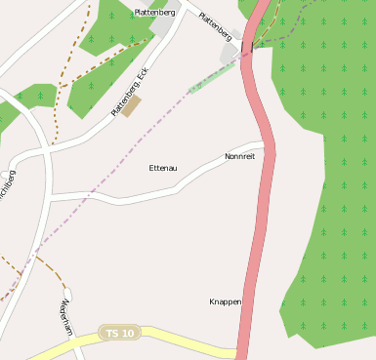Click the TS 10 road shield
click(x=122, y=334)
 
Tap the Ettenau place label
click(x=163, y=168)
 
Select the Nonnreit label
click(x=239, y=156)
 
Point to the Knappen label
click(x=225, y=301)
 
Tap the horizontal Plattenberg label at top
click(x=154, y=13)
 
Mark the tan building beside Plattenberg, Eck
click(x=132, y=104)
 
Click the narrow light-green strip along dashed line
click(x=211, y=78)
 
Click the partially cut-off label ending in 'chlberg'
click(x=9, y=184)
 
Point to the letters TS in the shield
click(x=115, y=334)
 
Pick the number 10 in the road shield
click(x=129, y=334)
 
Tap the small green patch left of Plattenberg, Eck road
click(x=35, y=96)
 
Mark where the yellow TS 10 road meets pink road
click(x=237, y=351)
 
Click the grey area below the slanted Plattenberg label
click(x=230, y=54)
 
